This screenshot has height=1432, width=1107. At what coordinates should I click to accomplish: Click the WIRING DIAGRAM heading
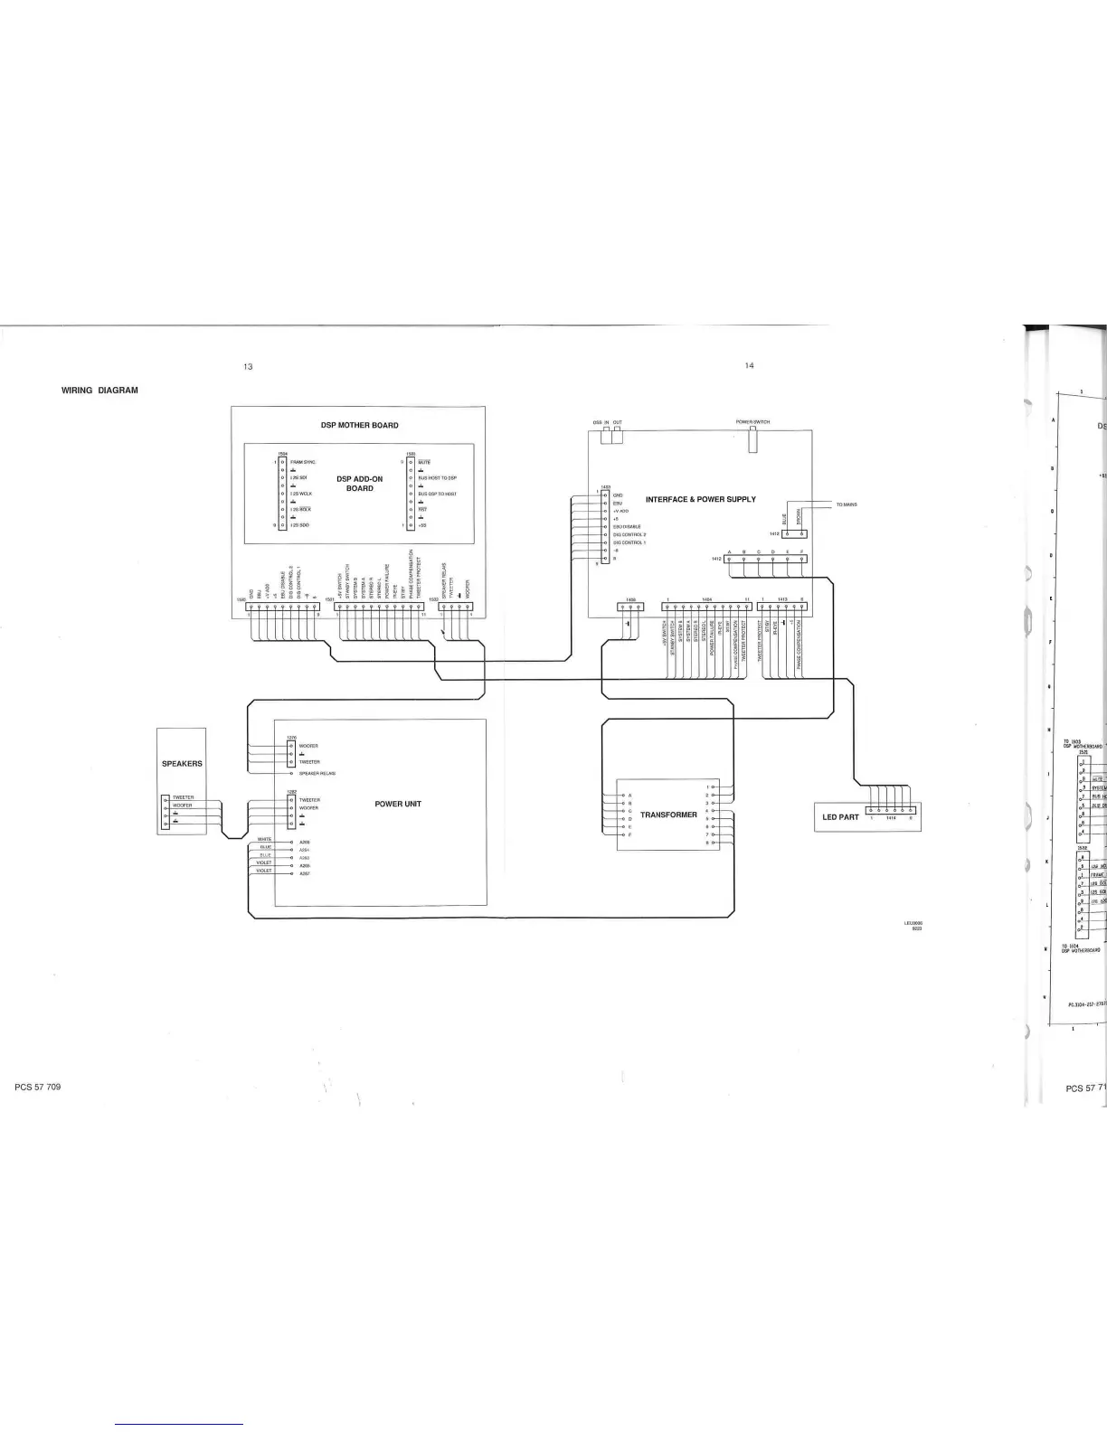(99, 391)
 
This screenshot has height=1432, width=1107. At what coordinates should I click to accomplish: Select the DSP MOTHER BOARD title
(359, 425)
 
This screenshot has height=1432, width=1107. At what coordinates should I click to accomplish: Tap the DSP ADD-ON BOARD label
(359, 483)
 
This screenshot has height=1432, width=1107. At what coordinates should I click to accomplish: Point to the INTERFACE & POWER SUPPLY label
(701, 499)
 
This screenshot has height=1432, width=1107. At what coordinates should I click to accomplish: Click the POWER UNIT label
(398, 804)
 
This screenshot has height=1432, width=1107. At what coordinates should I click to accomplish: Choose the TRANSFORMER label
(668, 815)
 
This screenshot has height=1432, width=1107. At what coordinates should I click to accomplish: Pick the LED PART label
(840, 817)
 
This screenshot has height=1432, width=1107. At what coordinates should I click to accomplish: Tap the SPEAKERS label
(182, 764)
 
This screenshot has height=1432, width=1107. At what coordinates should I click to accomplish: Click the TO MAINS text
(846, 504)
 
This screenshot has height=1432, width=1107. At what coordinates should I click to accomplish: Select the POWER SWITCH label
(752, 422)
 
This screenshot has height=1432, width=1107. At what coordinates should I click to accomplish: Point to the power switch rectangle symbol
(752, 438)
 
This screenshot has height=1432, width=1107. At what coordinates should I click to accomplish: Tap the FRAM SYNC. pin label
(303, 462)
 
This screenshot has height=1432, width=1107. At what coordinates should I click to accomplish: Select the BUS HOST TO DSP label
(438, 477)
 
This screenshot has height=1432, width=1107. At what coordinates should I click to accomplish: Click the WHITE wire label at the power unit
(265, 839)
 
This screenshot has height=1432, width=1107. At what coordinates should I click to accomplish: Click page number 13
(248, 366)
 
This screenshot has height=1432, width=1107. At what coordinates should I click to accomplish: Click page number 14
(749, 365)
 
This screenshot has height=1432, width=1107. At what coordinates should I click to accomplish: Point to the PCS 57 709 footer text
(38, 1086)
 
